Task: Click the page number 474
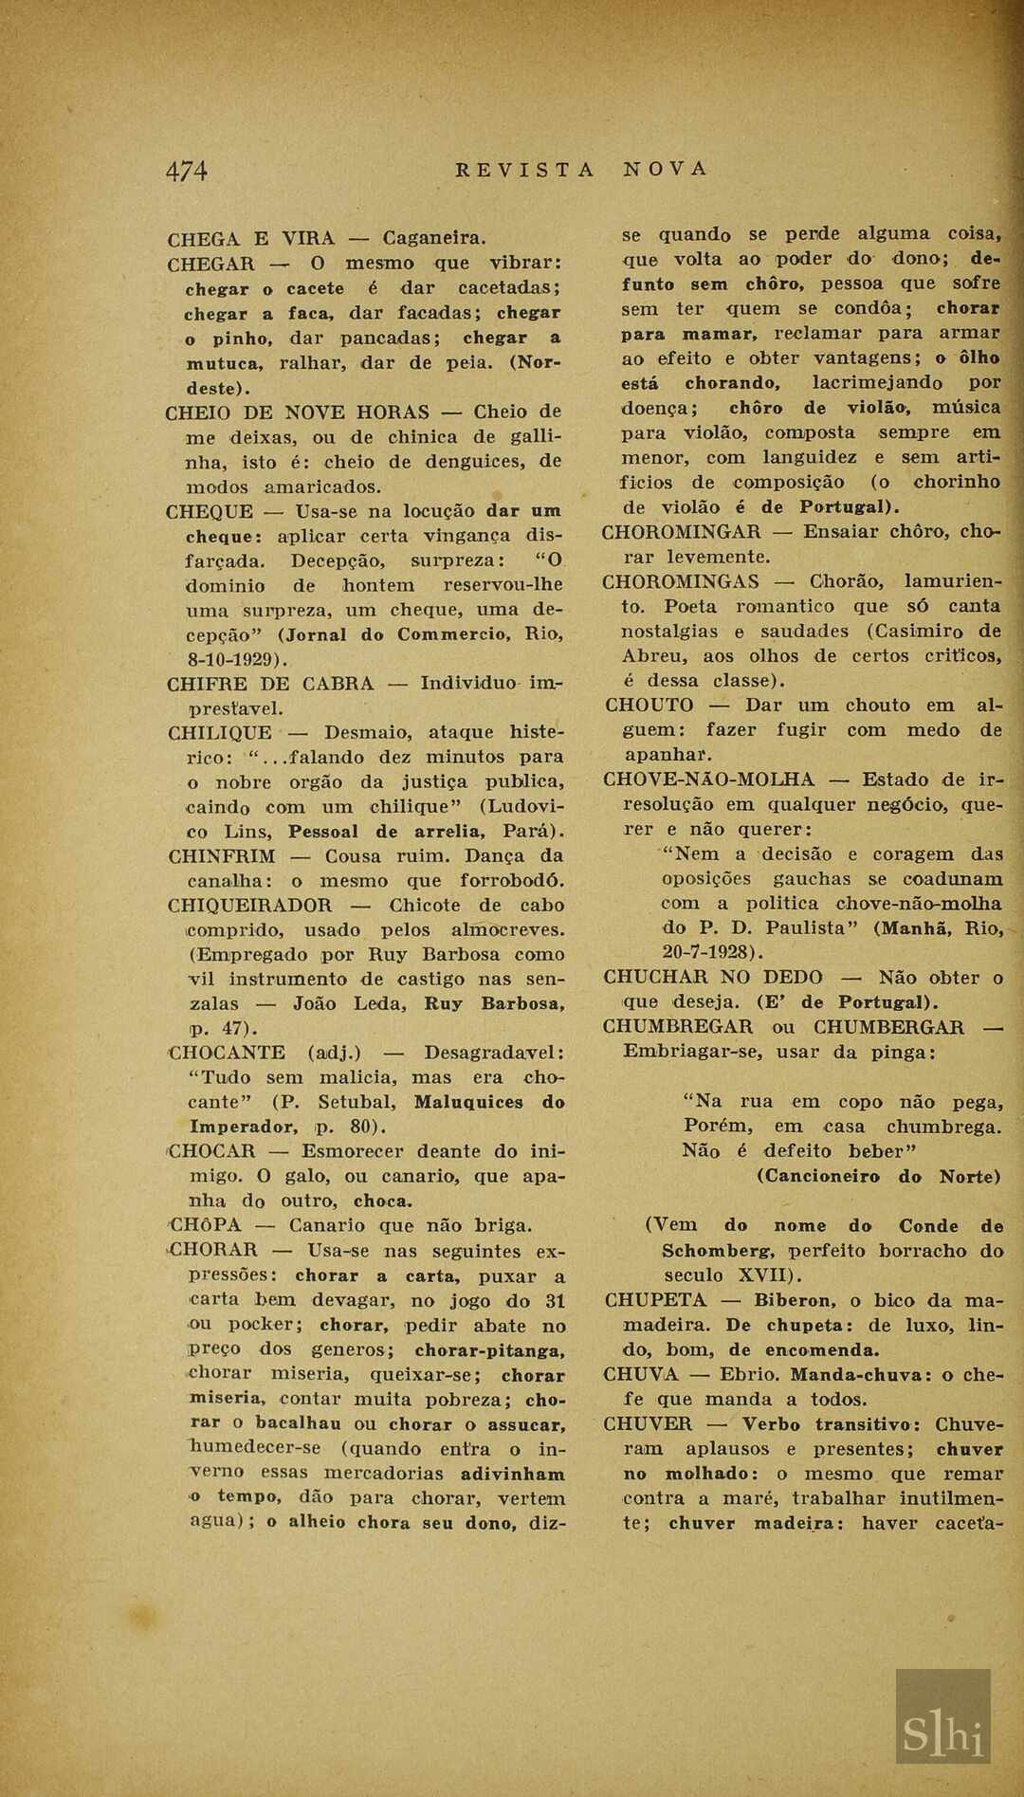(187, 171)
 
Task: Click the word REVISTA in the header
(524, 170)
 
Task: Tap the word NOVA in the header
(666, 169)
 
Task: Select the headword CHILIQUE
(219, 733)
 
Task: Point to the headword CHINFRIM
(222, 856)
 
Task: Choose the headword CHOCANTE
(227, 1053)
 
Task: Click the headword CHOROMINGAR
(682, 532)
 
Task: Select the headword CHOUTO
(649, 706)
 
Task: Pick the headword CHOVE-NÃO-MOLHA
(709, 779)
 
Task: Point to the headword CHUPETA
(655, 1300)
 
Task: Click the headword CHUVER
(648, 1424)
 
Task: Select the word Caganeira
(434, 238)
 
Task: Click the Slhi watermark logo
(943, 1718)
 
